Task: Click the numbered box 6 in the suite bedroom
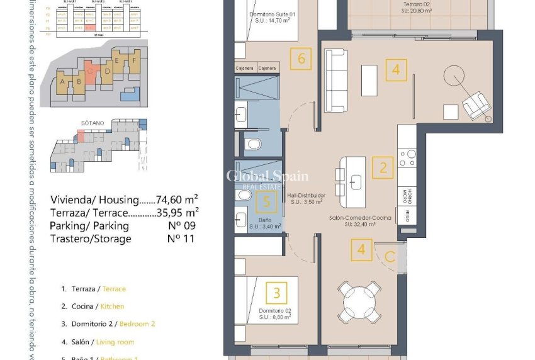click(301, 59)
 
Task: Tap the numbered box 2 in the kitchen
click(383, 168)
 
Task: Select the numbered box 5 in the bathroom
click(267, 202)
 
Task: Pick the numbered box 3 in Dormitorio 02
click(276, 294)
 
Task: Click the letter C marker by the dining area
click(390, 256)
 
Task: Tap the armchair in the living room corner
click(476, 104)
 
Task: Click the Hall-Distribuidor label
click(305, 199)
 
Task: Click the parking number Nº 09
click(180, 225)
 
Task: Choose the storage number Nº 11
click(180, 239)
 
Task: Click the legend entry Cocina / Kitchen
click(93, 307)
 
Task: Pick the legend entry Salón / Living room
click(98, 342)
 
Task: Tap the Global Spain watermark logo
click(267, 177)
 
